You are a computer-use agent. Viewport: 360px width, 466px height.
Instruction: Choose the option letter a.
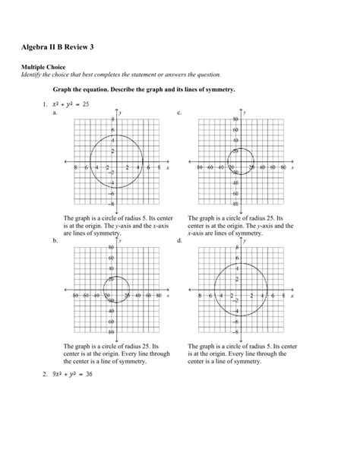coord(54,112)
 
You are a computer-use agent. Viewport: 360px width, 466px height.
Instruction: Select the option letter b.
coord(54,239)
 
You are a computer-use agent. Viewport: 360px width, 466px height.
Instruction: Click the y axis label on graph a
coord(121,112)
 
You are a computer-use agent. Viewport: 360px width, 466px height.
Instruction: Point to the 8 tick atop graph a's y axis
coord(112,120)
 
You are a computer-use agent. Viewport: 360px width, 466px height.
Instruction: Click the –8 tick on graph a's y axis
coord(111,204)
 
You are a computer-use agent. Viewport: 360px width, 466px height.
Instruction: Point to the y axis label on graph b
coord(121,240)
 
